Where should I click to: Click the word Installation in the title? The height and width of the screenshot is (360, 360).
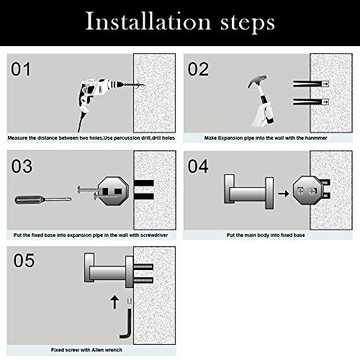pyautogui.click(x=148, y=22)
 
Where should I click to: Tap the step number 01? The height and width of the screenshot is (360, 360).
pyautogui.click(x=21, y=69)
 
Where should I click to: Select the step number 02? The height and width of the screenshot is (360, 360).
pyautogui.click(x=198, y=69)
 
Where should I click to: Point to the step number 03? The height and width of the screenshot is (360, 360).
pyautogui.click(x=22, y=166)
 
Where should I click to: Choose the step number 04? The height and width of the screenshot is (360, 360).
pyautogui.click(x=198, y=166)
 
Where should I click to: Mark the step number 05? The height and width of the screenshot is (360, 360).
pyautogui.click(x=24, y=261)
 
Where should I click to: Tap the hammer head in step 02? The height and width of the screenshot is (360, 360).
pyautogui.click(x=257, y=81)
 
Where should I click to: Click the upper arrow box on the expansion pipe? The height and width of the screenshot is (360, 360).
pyautogui.click(x=325, y=84)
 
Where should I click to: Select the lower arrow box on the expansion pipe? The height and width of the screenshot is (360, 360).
pyautogui.click(x=325, y=102)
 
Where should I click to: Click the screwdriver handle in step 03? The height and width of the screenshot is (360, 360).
pyautogui.click(x=29, y=199)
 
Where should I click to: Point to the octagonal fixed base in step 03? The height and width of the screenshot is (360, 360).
pyautogui.click(x=113, y=191)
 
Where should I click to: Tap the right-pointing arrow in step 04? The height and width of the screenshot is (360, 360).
pyautogui.click(x=284, y=193)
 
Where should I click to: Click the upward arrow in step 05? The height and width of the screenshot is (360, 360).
pyautogui.click(x=114, y=302)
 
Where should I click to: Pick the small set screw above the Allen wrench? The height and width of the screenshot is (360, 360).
pyautogui.click(x=130, y=300)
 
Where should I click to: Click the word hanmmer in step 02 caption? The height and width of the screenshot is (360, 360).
pyautogui.click(x=316, y=138)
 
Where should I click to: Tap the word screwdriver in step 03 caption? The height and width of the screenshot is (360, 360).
pyautogui.click(x=154, y=235)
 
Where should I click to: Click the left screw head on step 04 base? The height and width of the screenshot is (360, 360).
pyautogui.click(x=300, y=191)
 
